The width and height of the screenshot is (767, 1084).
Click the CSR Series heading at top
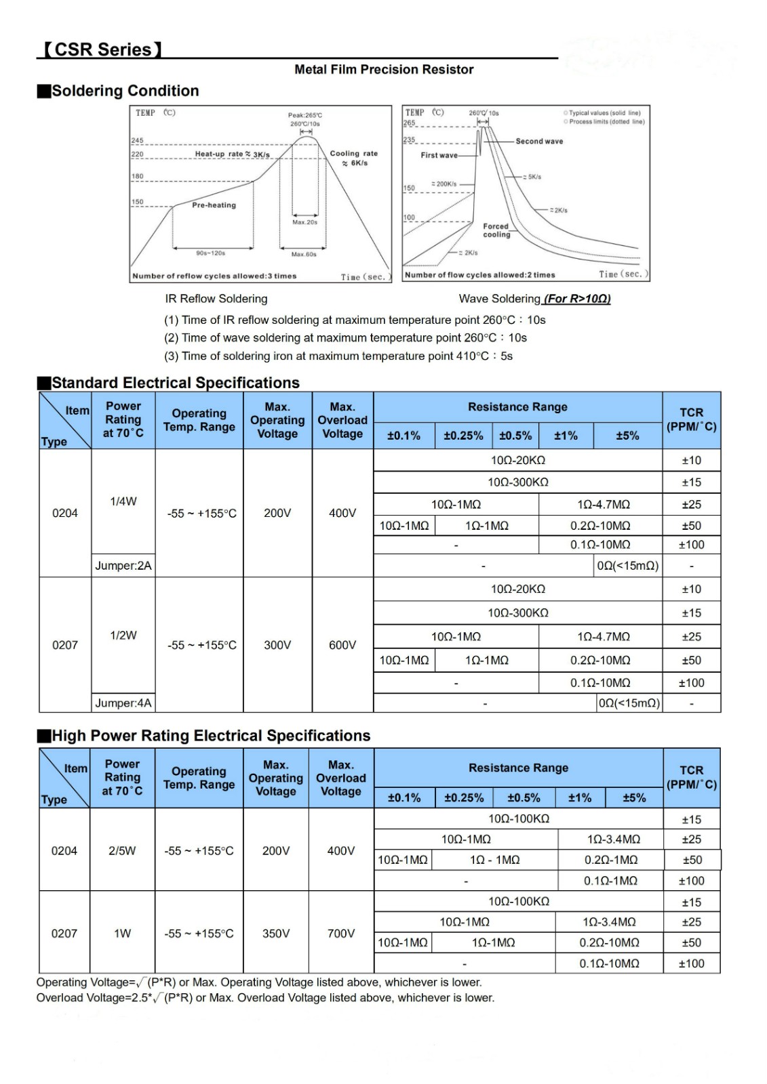103,49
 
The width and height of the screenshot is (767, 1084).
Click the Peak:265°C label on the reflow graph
305,115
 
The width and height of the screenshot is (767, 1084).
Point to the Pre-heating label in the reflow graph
214,205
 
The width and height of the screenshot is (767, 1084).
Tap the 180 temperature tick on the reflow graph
138,176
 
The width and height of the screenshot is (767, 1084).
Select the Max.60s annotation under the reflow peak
304,255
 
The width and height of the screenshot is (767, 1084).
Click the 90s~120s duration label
210,253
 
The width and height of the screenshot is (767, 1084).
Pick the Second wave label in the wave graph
539,142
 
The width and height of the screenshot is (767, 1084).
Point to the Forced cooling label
496,230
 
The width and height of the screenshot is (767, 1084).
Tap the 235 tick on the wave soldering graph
410,140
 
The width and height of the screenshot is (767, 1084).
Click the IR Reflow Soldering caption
216,299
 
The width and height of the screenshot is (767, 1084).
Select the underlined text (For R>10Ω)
576,299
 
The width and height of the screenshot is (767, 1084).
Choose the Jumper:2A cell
123,566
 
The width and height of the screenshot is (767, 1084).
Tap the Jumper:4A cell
123,703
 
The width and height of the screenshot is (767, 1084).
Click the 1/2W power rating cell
123,635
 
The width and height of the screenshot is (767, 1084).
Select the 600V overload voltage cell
342,645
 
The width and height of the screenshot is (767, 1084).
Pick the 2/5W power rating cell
122,850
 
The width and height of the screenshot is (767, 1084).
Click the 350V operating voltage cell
276,934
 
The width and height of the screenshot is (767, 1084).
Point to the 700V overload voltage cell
341,934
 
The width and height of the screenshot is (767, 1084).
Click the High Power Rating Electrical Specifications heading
211,736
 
